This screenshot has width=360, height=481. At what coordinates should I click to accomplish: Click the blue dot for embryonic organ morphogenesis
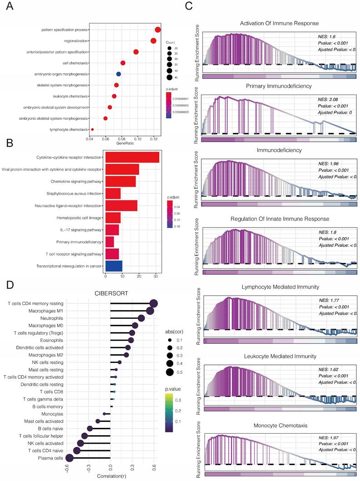click(x=119, y=74)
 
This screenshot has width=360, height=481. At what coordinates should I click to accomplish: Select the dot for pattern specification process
click(x=158, y=30)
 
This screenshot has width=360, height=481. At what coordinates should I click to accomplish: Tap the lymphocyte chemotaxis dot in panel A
click(x=93, y=129)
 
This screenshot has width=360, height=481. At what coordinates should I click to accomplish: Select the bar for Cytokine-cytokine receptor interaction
click(x=132, y=157)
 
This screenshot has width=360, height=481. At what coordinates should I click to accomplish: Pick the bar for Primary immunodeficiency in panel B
click(x=110, y=241)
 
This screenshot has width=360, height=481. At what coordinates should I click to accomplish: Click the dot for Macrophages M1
click(x=150, y=311)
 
